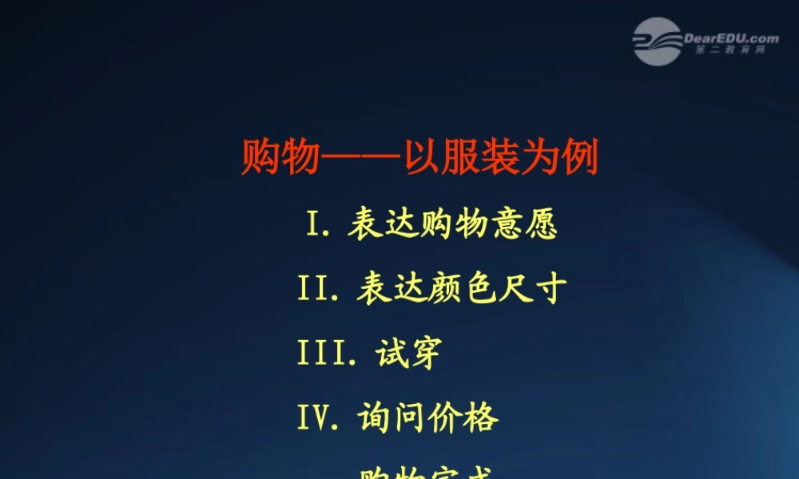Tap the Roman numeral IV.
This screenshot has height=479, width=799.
tap(316, 418)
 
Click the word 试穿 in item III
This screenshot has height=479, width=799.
tap(407, 353)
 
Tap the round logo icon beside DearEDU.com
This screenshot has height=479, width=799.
tap(658, 41)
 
